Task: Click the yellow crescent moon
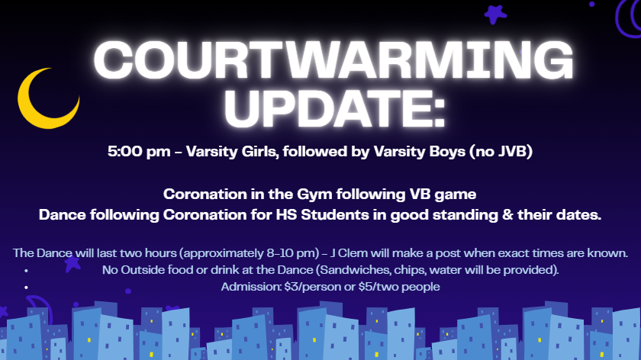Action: click(x=44, y=99)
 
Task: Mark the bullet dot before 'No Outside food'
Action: click(x=27, y=270)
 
